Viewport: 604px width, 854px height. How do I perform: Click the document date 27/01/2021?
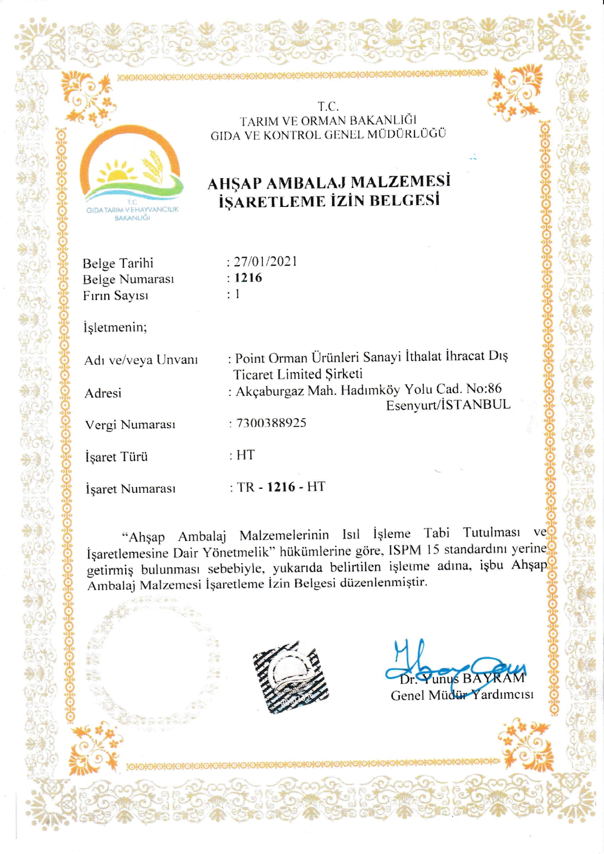point(265,261)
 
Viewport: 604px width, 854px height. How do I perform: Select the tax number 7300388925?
point(271,423)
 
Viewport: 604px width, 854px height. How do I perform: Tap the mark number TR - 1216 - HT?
point(281,487)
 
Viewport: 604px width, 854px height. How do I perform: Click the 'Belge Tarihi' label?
point(118,263)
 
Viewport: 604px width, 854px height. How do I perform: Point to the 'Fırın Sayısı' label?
point(115,296)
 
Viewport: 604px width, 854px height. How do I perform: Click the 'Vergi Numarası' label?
point(130,425)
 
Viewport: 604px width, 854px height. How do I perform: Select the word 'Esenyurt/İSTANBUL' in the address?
point(448,405)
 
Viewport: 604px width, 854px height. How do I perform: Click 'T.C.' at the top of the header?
point(328,106)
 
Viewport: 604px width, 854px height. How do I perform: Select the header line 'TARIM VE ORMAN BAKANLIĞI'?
point(328,120)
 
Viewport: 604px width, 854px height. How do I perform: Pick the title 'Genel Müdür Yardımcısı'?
point(462,695)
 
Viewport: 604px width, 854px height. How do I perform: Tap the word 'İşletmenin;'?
point(115,327)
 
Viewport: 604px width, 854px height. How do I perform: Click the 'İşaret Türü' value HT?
point(245,455)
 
